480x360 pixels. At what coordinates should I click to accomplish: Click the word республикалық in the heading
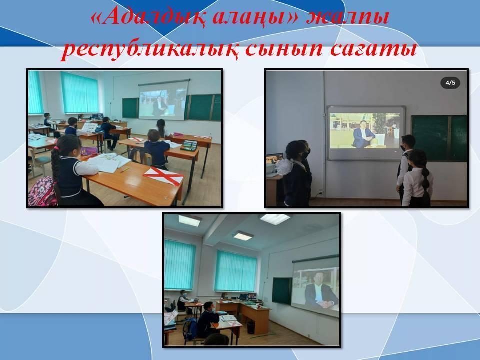pos(149,49)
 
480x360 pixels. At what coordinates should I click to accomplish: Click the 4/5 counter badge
pos(450,83)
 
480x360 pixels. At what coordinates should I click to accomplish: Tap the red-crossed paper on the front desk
pos(163,176)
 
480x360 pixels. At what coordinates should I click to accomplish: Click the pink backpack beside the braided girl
pos(42,192)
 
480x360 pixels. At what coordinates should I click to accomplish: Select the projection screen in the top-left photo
pos(163,100)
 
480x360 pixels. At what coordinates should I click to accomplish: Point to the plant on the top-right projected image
pos(380,123)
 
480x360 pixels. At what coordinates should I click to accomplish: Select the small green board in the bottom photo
pos(282,291)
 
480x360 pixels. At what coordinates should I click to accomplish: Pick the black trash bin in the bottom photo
pos(251,327)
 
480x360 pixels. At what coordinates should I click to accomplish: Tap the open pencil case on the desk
pos(188,145)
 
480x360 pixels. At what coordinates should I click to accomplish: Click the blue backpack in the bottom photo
pos(190,329)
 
